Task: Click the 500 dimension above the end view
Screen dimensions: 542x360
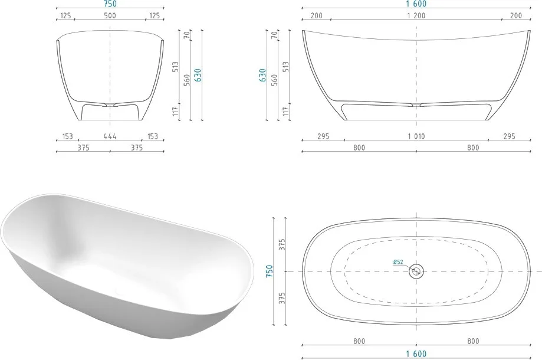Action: click(x=110, y=15)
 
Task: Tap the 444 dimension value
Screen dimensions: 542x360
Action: click(x=110, y=136)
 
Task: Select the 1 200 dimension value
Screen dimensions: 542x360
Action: click(x=416, y=15)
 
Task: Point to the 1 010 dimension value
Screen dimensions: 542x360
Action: click(x=416, y=136)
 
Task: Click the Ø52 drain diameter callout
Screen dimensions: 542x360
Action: click(x=398, y=262)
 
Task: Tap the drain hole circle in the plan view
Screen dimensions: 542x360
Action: click(x=416, y=271)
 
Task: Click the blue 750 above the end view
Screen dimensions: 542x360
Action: click(x=110, y=4)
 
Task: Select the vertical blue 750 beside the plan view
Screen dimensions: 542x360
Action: click(x=270, y=271)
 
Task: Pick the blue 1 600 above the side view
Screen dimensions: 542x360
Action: click(x=416, y=4)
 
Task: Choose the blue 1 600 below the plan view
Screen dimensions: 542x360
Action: click(x=416, y=354)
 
